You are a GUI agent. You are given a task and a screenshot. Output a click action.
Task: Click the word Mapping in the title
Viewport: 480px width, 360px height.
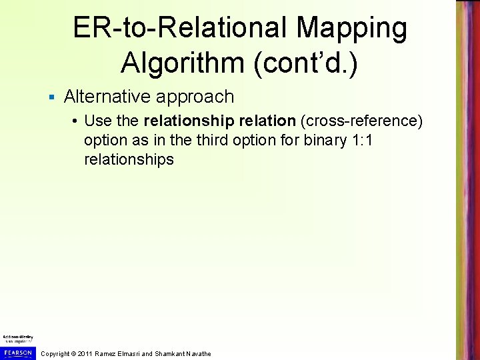[352, 28]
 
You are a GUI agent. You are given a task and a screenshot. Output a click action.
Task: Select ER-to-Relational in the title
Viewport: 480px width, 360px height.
[179, 28]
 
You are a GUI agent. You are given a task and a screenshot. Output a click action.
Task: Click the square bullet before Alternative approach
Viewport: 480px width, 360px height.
[51, 97]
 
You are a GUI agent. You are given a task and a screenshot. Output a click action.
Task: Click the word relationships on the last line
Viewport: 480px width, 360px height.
[129, 159]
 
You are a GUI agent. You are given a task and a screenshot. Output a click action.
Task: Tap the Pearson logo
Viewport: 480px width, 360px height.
[17, 352]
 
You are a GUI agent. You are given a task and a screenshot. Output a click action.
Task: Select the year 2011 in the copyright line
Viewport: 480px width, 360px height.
[85, 353]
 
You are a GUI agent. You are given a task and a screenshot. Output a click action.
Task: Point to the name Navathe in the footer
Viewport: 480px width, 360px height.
[196, 353]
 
